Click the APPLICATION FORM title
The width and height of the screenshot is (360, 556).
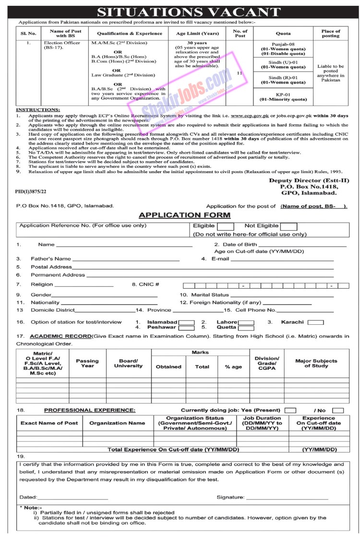click(x=184, y=215)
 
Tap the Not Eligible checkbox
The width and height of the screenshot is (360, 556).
click(x=289, y=226)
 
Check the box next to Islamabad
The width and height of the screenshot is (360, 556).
click(x=186, y=322)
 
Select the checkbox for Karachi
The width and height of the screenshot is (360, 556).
click(x=315, y=322)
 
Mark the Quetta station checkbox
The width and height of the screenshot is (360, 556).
click(x=246, y=328)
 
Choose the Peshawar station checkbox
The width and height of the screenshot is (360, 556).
click(x=186, y=328)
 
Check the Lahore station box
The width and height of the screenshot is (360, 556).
click(x=246, y=322)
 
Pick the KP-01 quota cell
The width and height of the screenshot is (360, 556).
click(x=283, y=98)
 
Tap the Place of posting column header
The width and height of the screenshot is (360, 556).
click(x=331, y=34)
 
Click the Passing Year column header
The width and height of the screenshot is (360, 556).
click(x=87, y=364)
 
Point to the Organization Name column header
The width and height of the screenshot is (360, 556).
click(x=117, y=423)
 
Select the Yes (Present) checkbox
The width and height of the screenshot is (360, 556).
click(x=290, y=410)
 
